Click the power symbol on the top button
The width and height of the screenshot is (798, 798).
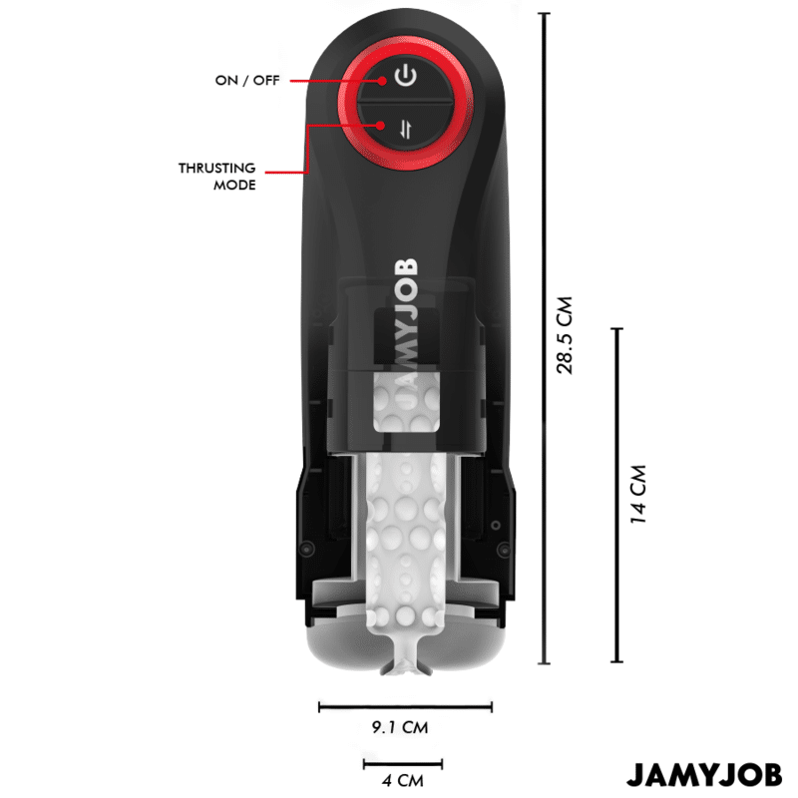tap(406, 76)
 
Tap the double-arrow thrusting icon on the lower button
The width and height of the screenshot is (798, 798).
tap(406, 129)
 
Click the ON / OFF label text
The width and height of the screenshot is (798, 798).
tap(247, 81)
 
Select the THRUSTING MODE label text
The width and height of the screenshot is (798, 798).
tap(217, 177)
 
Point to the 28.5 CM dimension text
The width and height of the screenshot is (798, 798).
tap(565, 335)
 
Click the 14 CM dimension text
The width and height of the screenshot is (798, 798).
tap(637, 494)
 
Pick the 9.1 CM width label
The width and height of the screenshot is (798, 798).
tap(400, 727)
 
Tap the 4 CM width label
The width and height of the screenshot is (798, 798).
tap(403, 780)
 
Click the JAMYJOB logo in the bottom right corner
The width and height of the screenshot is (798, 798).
tap(704, 775)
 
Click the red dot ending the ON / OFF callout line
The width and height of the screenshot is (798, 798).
tap(382, 81)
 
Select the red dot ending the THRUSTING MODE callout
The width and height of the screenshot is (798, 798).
tap(381, 125)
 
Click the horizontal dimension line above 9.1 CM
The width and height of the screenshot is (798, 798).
tap(405, 706)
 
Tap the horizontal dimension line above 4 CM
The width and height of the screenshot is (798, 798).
tap(403, 764)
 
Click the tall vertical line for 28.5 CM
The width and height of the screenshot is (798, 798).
tap(545, 338)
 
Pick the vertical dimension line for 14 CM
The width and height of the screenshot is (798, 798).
tap(616, 495)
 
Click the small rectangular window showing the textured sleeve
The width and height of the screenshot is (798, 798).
tap(407, 403)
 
